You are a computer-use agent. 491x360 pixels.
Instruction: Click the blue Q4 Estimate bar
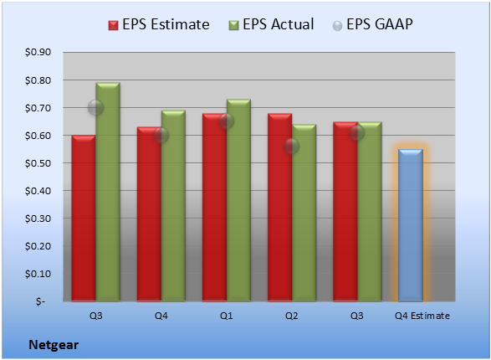pos(411,225)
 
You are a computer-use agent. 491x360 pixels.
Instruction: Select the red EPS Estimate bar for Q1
pos(214,207)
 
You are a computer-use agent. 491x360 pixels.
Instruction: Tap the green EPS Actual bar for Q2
pos(304,213)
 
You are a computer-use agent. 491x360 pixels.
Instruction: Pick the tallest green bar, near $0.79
pos(108,192)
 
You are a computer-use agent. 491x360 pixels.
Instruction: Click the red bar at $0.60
pos(84,218)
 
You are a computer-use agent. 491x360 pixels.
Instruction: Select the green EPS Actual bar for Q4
pos(173,206)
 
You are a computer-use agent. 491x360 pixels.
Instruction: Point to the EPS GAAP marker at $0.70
pos(95,108)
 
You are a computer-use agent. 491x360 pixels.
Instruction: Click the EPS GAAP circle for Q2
pos(292,147)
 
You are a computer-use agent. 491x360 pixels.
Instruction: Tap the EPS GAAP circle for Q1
pos(226,121)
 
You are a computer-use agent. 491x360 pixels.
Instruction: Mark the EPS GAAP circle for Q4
pos(161,136)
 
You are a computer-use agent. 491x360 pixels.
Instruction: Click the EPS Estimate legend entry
pos(159,24)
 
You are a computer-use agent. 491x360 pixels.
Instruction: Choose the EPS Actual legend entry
pos(271,24)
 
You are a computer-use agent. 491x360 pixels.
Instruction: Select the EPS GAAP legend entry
pos(372,24)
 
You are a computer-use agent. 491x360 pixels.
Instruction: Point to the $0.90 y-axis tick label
pos(38,52)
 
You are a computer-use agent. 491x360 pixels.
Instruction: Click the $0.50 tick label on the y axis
pos(38,163)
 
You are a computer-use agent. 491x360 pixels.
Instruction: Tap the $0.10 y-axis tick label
pos(38,274)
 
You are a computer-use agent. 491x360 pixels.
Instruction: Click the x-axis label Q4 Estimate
pos(422,316)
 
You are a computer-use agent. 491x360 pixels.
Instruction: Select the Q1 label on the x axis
pos(227,316)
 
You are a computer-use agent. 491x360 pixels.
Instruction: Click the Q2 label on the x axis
pos(292,316)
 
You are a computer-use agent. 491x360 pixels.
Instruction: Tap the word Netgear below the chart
pos(54,345)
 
